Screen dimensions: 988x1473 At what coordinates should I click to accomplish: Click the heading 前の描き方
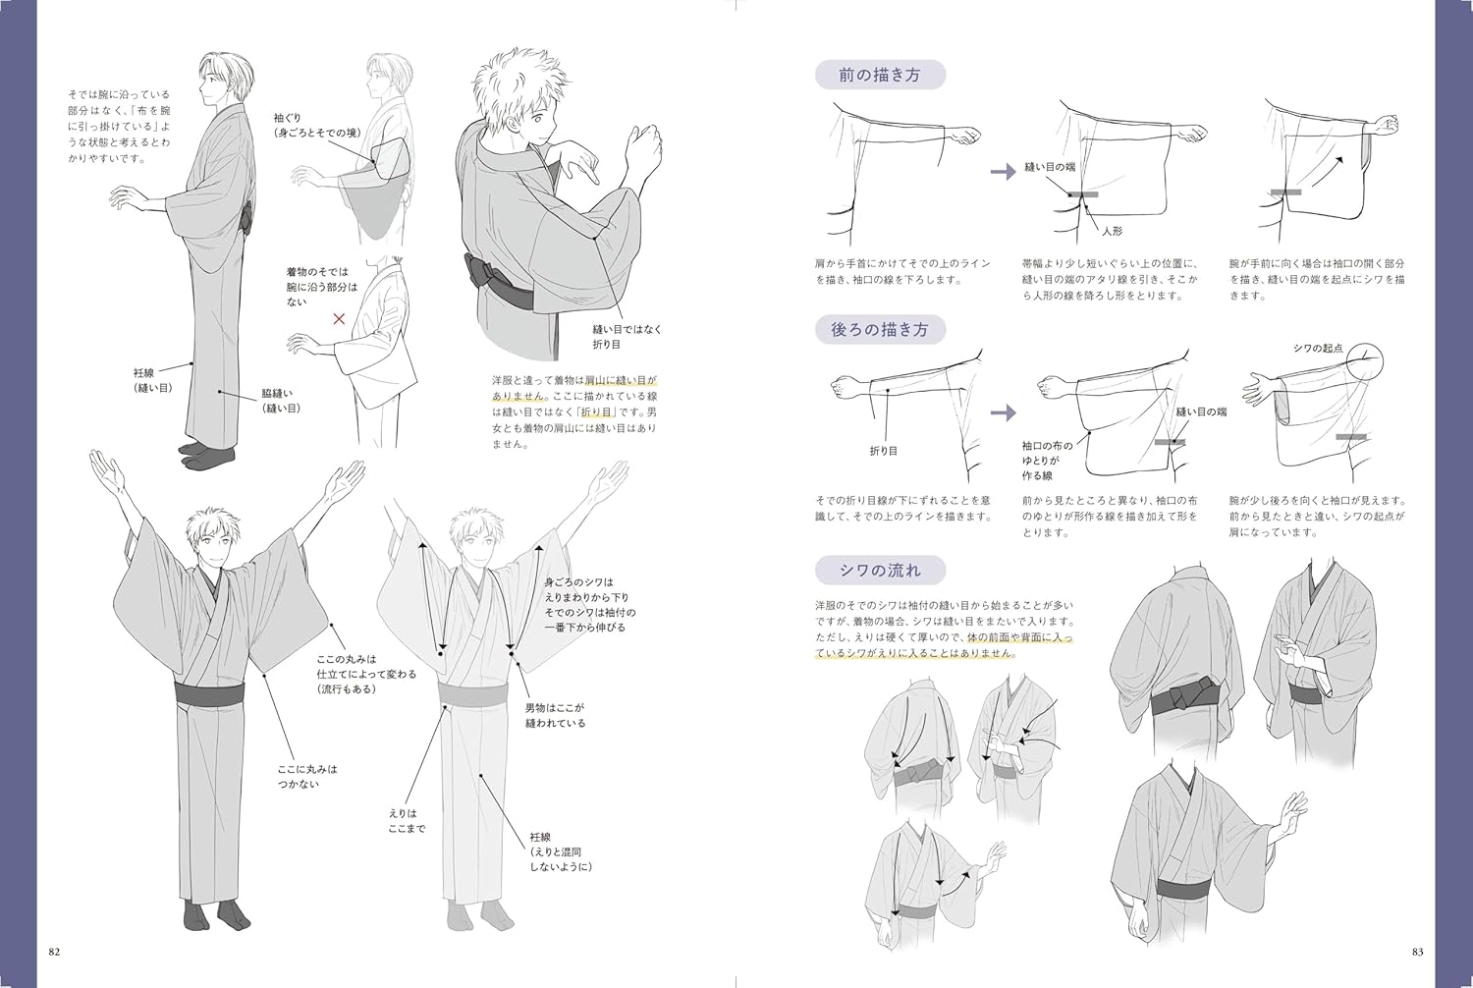[879, 75]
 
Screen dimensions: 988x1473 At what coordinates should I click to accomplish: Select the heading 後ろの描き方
[879, 330]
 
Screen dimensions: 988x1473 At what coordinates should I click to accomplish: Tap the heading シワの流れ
[880, 571]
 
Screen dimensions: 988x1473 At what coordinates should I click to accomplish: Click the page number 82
[54, 952]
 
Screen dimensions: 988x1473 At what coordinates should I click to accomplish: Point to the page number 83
[1417, 952]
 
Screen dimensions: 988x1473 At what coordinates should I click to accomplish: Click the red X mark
[339, 319]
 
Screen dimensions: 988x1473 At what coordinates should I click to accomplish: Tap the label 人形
[1112, 232]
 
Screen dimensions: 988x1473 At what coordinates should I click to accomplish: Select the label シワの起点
[1317, 349]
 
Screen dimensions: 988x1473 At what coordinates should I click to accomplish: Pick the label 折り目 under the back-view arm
[883, 451]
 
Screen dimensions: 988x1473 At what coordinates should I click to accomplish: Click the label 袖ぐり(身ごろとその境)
[316, 126]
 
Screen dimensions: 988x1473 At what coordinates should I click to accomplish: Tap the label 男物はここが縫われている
[555, 715]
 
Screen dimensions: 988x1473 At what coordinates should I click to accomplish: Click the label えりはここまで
[406, 821]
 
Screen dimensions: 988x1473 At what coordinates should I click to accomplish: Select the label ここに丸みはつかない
[306, 777]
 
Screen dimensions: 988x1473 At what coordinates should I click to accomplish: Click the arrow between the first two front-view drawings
[1002, 172]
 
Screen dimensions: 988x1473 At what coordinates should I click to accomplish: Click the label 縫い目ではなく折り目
[627, 337]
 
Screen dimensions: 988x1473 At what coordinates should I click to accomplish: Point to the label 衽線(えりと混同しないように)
[561, 852]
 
